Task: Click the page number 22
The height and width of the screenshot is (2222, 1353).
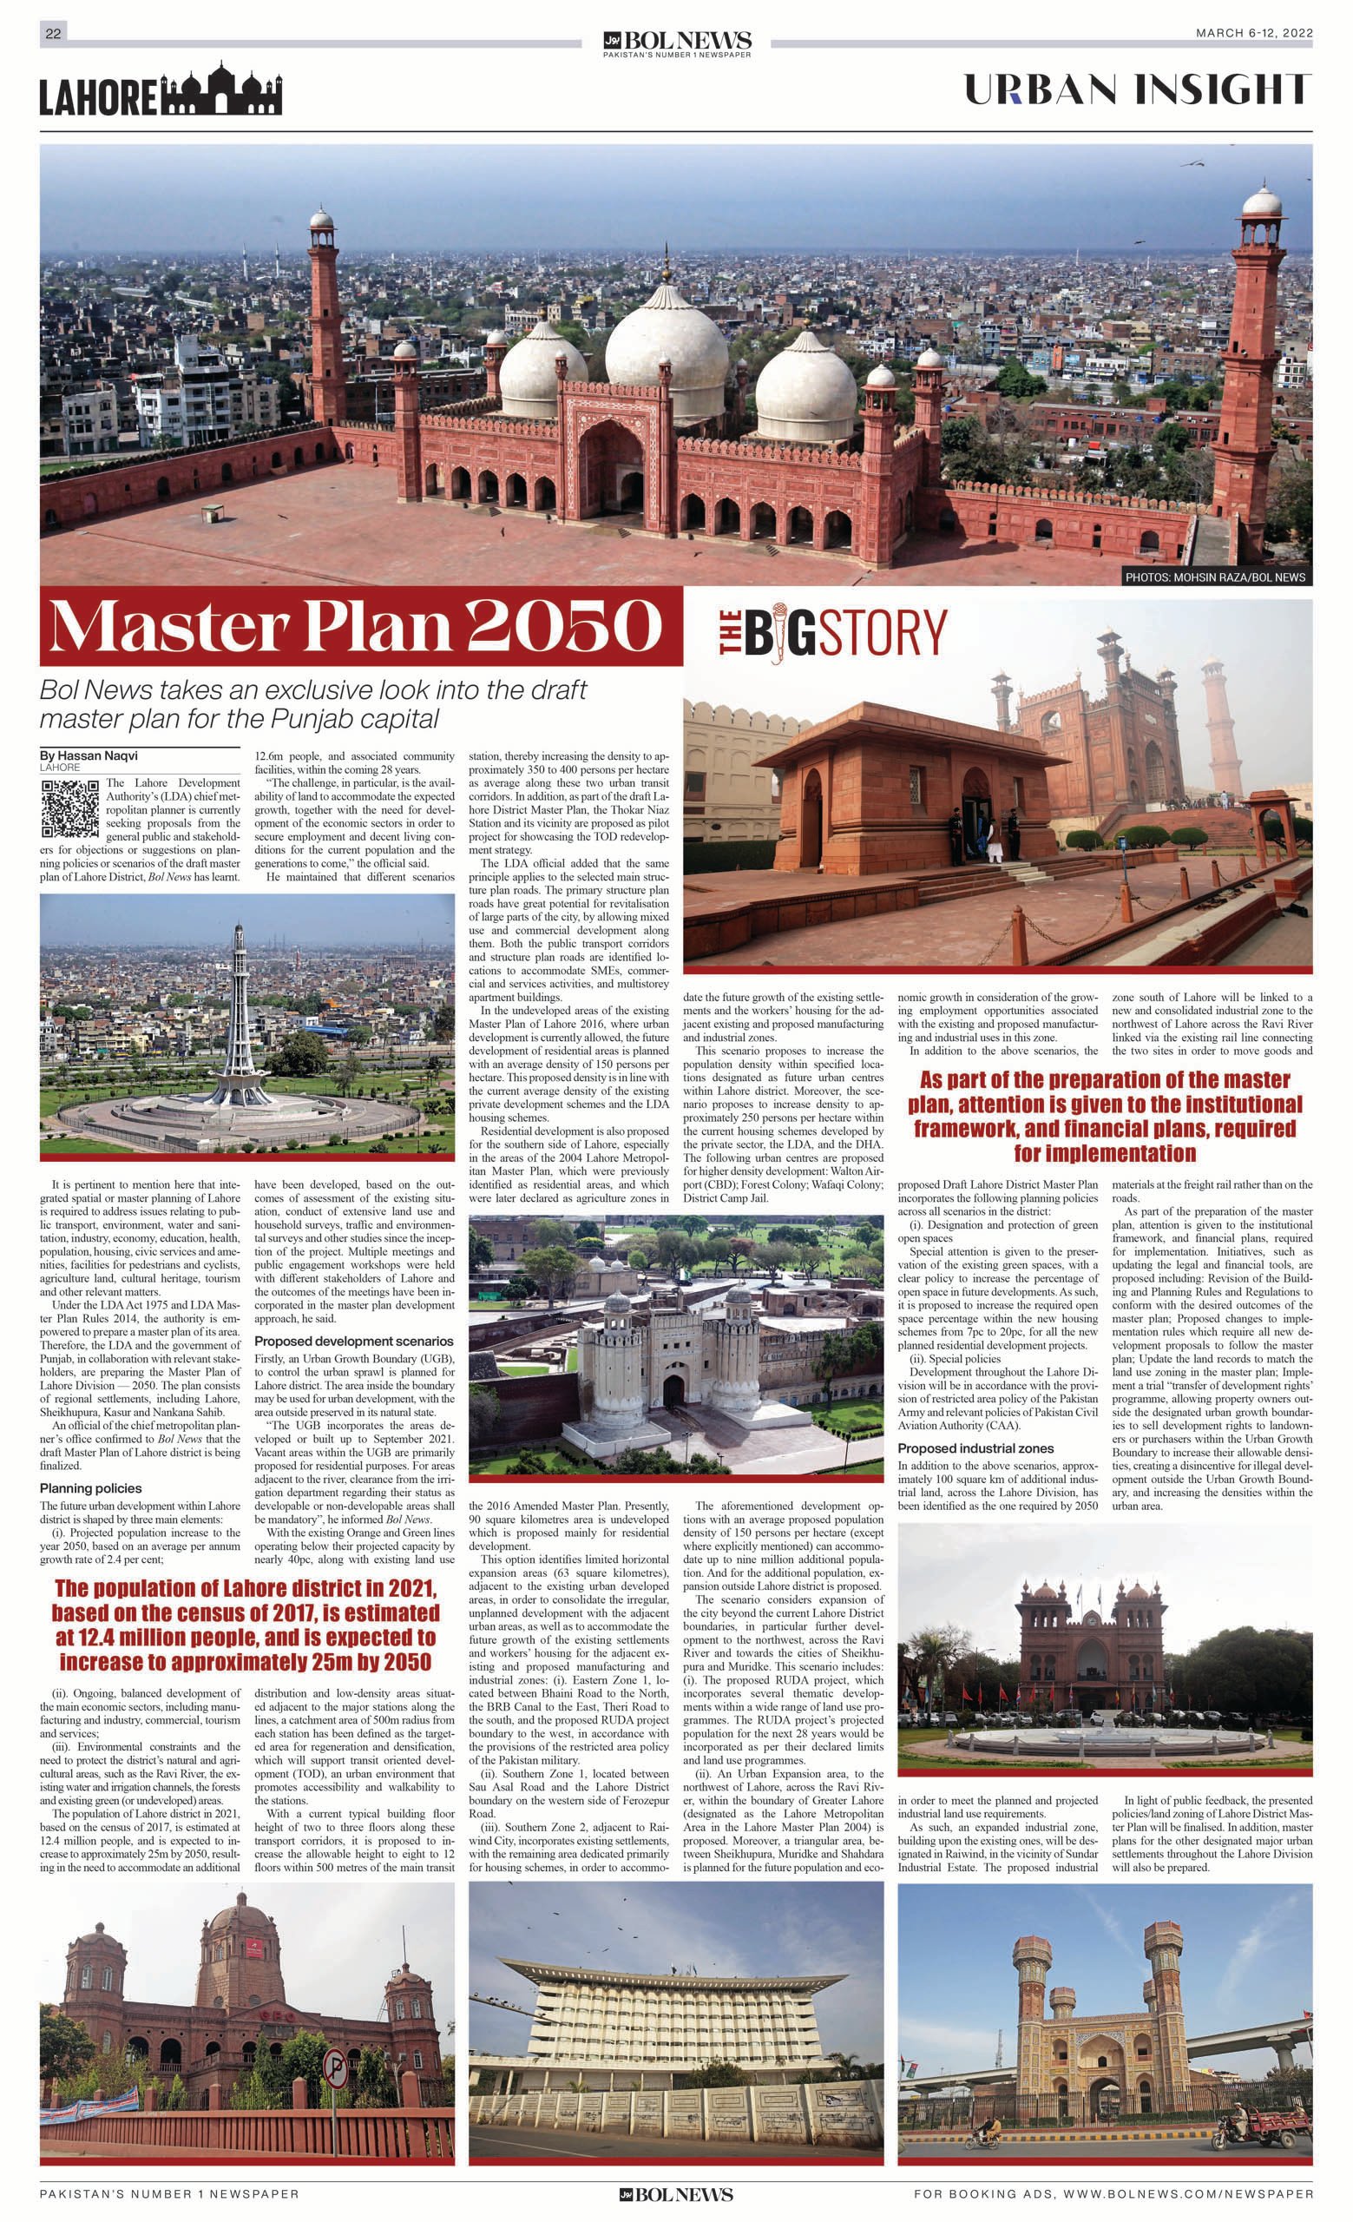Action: [53, 34]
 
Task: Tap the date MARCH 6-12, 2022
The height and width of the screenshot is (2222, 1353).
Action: [1253, 33]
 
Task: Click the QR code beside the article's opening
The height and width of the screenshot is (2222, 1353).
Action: [69, 809]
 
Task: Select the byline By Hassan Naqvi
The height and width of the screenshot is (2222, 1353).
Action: [89, 755]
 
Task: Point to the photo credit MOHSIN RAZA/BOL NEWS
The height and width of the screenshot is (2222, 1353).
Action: [1214, 577]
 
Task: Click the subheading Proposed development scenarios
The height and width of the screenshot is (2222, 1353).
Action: [353, 1341]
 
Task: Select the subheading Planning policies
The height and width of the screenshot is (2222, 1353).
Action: [90, 1488]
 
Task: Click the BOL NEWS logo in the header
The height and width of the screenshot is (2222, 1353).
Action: [677, 42]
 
